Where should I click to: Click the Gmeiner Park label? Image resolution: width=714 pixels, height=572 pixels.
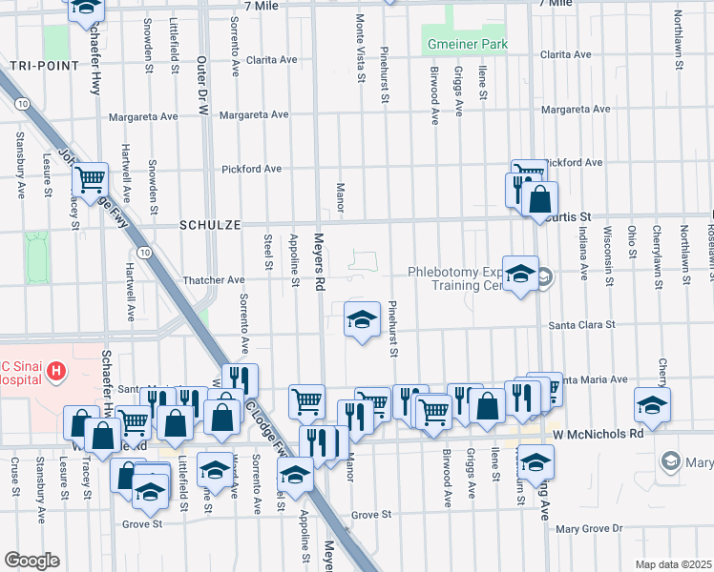466,45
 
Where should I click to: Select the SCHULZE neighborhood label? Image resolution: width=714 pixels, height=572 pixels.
209,225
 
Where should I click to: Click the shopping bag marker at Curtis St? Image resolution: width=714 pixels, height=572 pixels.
539,200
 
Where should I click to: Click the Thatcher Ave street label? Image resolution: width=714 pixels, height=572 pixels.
214,280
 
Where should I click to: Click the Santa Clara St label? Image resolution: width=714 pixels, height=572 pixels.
581,325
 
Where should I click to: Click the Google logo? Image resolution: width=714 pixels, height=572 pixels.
31,561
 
